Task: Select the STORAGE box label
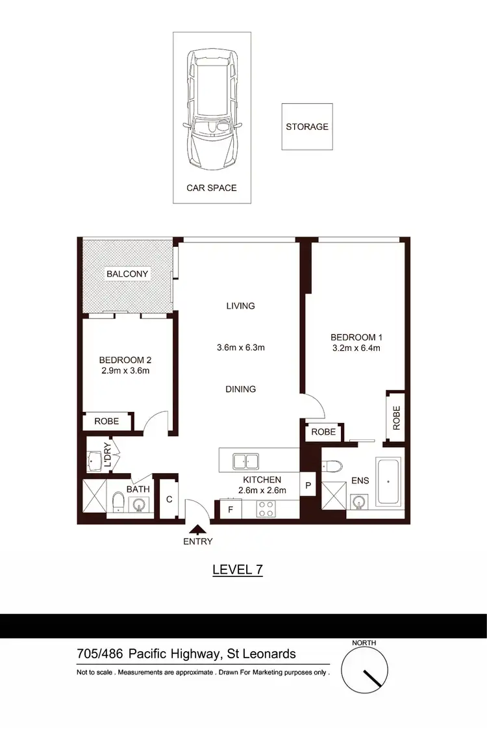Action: tap(307, 127)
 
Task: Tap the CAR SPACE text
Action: tap(212, 188)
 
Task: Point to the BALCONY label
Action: tap(128, 274)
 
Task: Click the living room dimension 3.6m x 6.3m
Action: tap(240, 348)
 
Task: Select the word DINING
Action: tap(240, 389)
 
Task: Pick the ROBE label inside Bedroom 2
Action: tap(106, 421)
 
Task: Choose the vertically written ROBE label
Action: tap(395, 418)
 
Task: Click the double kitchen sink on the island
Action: tap(245, 461)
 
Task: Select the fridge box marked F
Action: tap(229, 510)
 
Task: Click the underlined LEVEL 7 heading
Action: tap(238, 570)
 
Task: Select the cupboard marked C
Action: tap(169, 500)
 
